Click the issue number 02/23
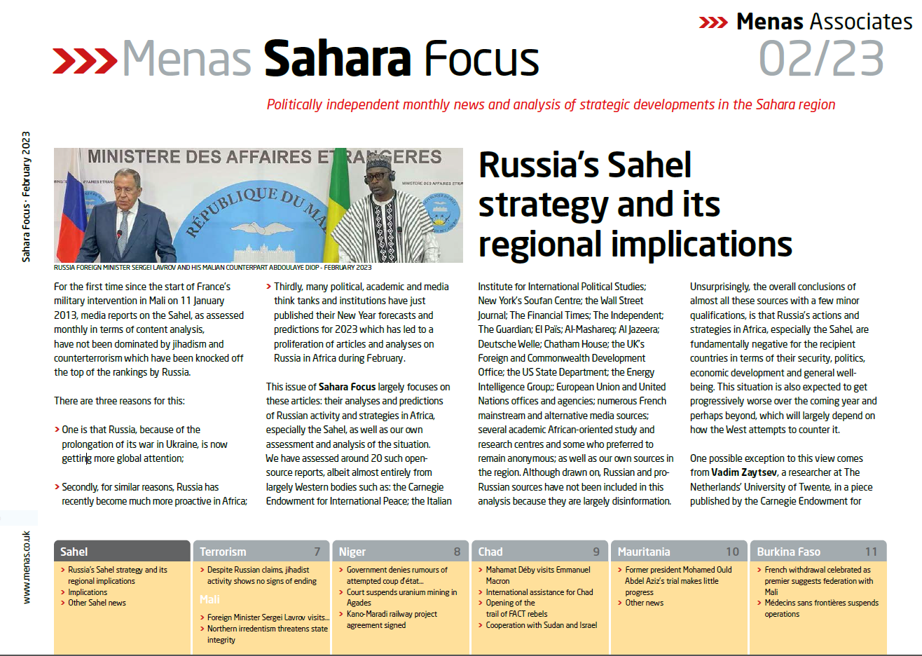(821, 58)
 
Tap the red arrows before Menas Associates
(713, 22)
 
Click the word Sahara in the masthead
(337, 58)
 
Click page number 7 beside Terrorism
(317, 552)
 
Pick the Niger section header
(352, 552)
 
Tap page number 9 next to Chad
(596, 552)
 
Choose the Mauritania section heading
(644, 552)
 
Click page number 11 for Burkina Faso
(871, 552)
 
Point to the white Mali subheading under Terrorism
(209, 600)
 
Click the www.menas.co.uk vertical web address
(27, 567)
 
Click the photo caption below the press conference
(213, 268)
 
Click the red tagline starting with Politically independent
(551, 104)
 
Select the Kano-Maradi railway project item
(392, 620)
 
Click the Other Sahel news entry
(97, 603)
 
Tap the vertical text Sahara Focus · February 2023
(26, 196)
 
